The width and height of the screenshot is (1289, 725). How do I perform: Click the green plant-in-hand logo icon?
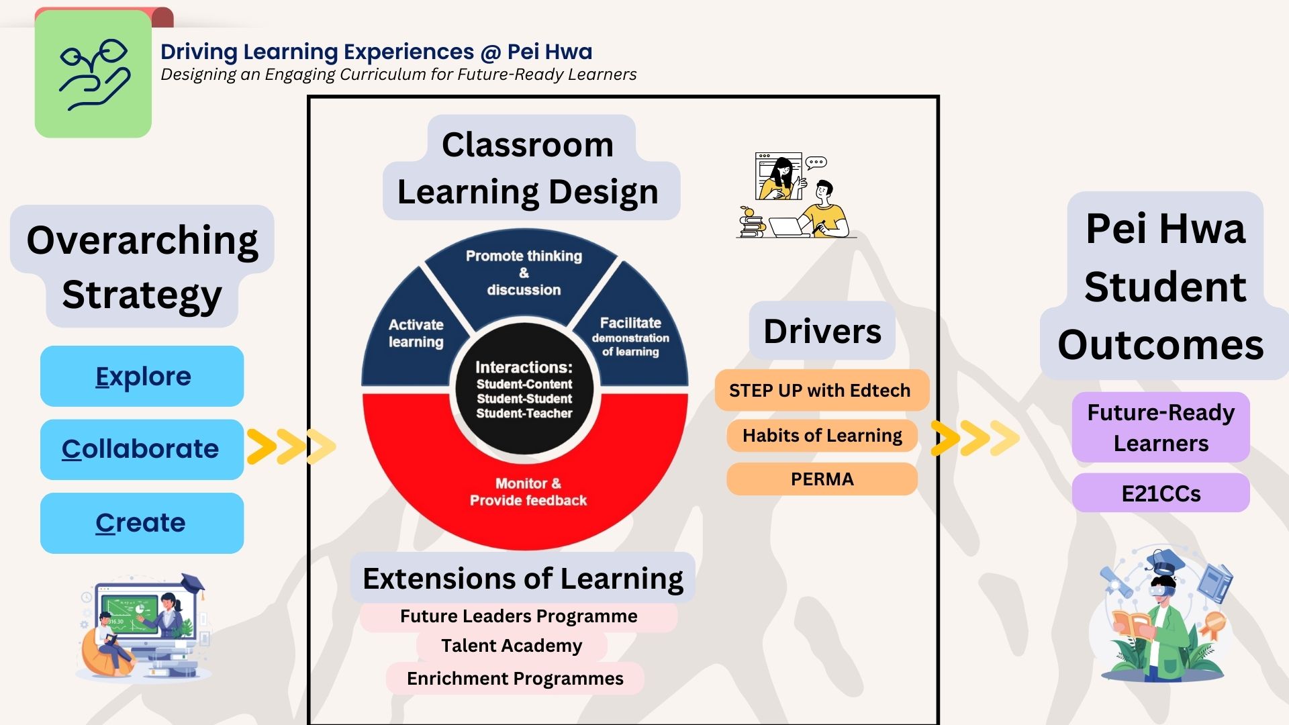click(x=93, y=74)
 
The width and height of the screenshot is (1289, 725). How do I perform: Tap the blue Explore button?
click(x=142, y=376)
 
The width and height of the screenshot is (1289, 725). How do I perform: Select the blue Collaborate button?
click(x=141, y=449)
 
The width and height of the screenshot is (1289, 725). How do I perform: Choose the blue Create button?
click(x=141, y=523)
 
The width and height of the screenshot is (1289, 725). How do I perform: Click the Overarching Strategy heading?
click(x=142, y=267)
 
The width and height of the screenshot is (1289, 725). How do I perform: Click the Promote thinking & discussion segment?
click(x=524, y=273)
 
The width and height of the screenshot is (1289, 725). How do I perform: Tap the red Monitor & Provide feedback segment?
click(x=528, y=492)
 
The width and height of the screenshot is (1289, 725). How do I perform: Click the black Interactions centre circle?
click(x=524, y=390)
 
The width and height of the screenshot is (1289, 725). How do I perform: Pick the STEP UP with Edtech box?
click(x=820, y=390)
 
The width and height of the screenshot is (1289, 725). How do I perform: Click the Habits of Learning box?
click(x=822, y=436)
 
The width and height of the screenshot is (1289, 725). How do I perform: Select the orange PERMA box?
click(x=822, y=479)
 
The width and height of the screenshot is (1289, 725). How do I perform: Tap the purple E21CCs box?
click(x=1161, y=493)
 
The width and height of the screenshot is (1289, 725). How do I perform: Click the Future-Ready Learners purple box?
click(x=1161, y=428)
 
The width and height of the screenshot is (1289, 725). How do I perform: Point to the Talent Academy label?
click(x=512, y=646)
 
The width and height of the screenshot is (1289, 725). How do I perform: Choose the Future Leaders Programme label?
click(x=518, y=616)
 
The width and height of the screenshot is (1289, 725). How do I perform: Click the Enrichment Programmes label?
click(x=515, y=679)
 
